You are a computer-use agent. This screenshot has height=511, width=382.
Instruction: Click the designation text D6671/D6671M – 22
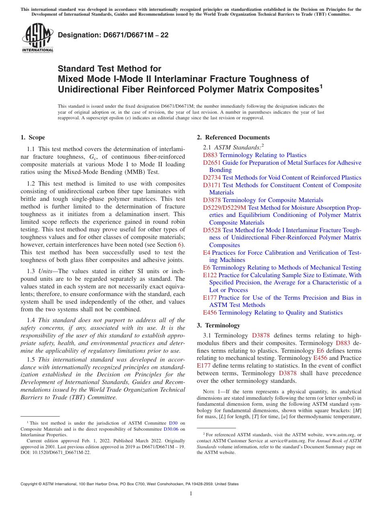[113, 35]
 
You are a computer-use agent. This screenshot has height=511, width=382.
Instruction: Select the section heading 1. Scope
[33, 137]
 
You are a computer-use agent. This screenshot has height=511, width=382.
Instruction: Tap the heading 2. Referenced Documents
[233, 137]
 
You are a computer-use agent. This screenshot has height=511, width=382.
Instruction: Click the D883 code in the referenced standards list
[210, 155]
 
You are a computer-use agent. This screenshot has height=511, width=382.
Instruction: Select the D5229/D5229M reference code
[224, 208]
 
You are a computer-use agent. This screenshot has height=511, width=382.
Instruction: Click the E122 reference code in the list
[210, 275]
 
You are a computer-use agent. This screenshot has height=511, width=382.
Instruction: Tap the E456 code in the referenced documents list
[210, 313]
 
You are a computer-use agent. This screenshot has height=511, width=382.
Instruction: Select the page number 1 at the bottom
[191, 493]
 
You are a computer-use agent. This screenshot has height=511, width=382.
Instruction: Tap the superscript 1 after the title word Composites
[321, 86]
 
